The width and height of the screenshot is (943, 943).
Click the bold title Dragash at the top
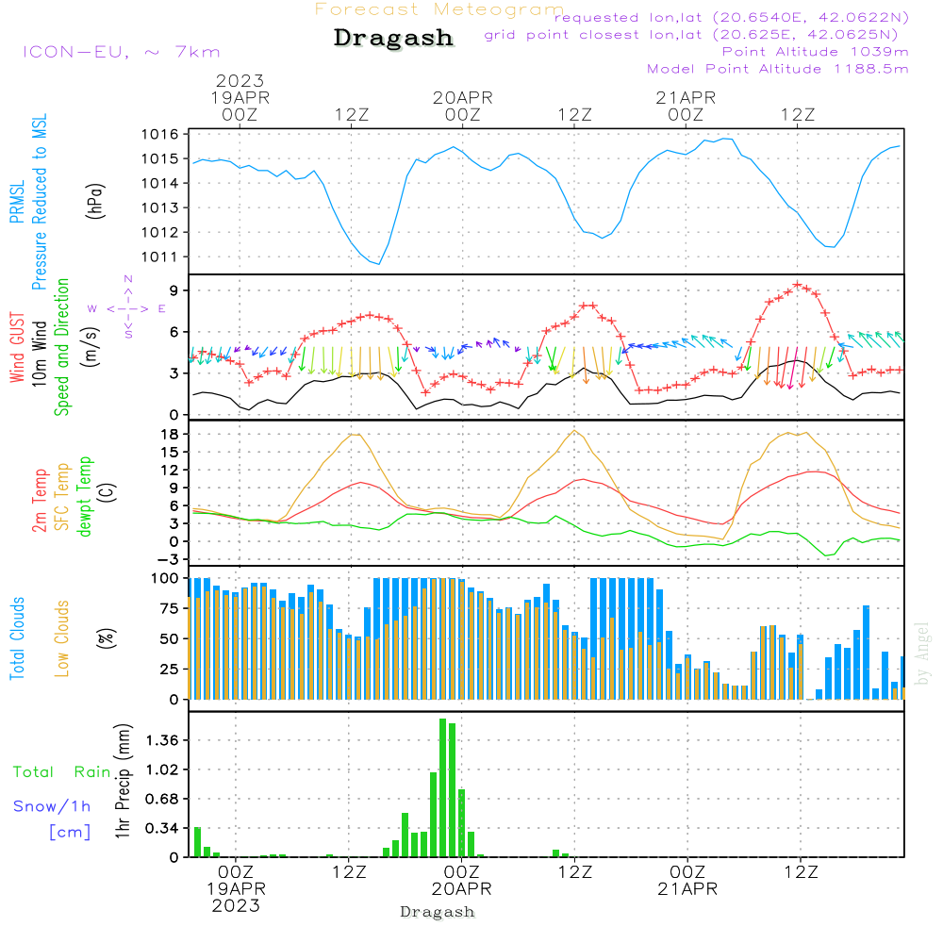coord(393,39)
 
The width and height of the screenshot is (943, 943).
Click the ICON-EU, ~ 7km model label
coord(121,52)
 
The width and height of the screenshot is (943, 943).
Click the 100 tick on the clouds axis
coord(166,578)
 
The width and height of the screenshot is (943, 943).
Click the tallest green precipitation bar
coord(443,787)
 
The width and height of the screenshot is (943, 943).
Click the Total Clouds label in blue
coord(18,638)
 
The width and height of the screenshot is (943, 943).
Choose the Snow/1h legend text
coord(53,806)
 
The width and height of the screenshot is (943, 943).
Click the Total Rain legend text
coord(62,771)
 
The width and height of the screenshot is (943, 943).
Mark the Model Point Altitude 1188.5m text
coord(778,69)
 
